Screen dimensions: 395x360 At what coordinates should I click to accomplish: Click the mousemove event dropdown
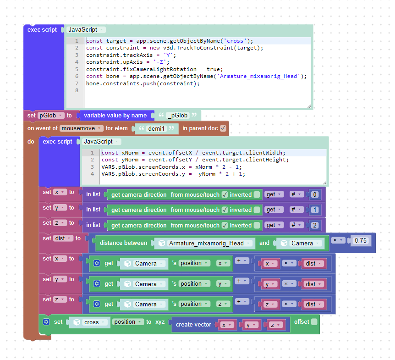click(82, 128)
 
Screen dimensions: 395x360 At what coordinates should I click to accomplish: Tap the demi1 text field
click(156, 128)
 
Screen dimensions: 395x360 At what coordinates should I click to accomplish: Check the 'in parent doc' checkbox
click(223, 128)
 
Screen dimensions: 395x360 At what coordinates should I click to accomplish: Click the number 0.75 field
click(361, 240)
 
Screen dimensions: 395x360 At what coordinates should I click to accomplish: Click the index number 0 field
click(315, 194)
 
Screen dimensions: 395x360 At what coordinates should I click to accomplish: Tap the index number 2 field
click(315, 225)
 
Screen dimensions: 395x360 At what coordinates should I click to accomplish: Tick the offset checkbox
click(314, 321)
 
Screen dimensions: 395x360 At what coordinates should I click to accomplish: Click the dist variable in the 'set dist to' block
click(63, 238)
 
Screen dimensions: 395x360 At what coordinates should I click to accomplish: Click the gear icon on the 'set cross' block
click(46, 322)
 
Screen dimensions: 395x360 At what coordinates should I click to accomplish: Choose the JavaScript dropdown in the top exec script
click(86, 30)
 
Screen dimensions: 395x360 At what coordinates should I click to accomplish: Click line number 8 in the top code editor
click(77, 90)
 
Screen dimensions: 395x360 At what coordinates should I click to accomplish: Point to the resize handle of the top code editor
click(309, 106)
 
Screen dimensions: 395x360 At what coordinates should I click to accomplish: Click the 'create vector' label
click(193, 325)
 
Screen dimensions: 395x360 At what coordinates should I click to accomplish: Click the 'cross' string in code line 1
click(235, 41)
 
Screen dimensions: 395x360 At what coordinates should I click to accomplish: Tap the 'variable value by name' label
click(115, 116)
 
